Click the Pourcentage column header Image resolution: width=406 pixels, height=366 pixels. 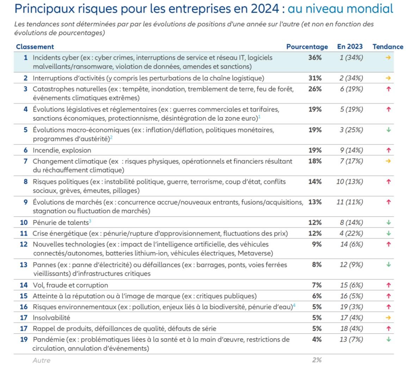(x=307, y=47)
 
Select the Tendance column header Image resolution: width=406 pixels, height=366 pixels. (x=388, y=46)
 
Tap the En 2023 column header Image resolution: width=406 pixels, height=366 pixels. (x=350, y=46)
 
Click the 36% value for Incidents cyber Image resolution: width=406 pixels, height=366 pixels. (x=315, y=57)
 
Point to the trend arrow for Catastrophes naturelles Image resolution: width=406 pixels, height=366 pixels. (x=388, y=89)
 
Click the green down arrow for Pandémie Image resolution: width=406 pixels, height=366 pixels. (x=388, y=339)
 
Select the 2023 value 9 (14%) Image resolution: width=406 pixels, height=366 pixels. (x=351, y=150)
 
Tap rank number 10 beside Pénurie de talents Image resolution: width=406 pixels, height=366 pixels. (x=24, y=223)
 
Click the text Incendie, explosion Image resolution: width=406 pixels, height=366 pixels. (x=62, y=150)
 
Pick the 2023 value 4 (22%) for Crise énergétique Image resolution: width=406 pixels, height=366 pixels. (x=351, y=234)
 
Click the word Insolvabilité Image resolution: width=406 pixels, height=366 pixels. (x=51, y=318)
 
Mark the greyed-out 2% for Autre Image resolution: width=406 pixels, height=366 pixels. (x=317, y=360)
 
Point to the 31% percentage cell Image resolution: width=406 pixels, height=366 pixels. (x=315, y=78)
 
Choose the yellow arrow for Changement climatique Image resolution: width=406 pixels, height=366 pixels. (x=388, y=161)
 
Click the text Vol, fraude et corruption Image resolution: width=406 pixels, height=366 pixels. (x=70, y=285)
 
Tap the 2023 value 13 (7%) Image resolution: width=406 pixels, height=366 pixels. (x=351, y=339)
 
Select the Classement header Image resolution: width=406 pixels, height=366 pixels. (x=35, y=47)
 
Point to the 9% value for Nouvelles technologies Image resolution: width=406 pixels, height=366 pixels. (x=317, y=244)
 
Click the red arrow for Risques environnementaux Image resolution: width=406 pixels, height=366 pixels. (x=388, y=307)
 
